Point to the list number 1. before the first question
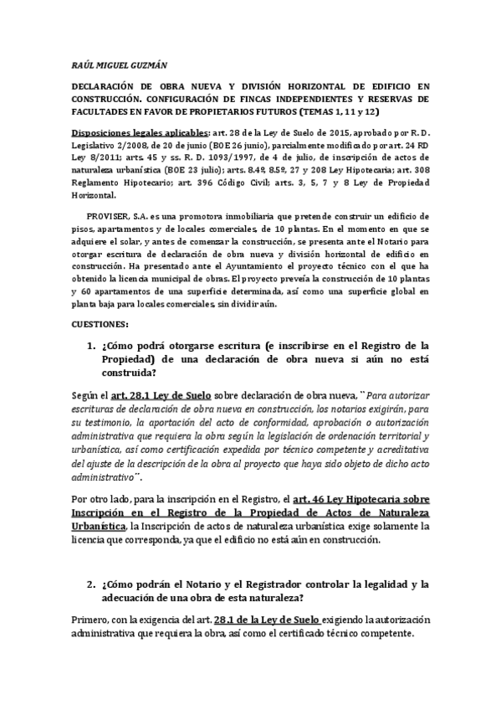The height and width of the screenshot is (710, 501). (x=91, y=344)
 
